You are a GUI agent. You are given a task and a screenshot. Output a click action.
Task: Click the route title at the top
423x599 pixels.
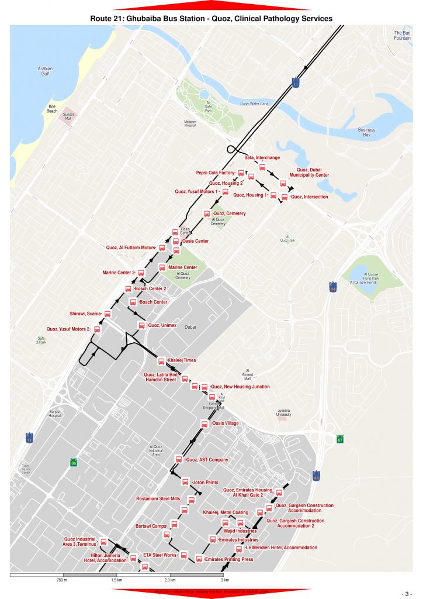click(211, 19)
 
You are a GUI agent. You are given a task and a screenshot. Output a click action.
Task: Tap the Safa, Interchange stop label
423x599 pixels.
click(262, 157)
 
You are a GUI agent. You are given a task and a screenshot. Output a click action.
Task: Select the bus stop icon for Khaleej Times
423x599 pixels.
click(161, 360)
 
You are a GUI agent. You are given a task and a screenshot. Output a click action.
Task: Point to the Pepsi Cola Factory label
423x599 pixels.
click(215, 173)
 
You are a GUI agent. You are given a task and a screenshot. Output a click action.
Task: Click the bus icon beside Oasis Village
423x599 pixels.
click(204, 424)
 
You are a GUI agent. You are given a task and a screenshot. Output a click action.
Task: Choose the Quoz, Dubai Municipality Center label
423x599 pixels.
click(309, 172)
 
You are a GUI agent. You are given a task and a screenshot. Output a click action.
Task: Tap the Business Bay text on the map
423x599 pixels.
click(366, 132)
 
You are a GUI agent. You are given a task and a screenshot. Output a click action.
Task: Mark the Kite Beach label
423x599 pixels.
click(53, 109)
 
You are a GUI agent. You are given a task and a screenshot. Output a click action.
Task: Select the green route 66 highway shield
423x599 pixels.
click(74, 462)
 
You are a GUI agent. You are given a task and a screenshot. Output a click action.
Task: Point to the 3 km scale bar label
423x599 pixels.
click(224, 580)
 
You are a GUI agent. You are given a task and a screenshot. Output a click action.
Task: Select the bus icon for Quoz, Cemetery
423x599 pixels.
click(206, 214)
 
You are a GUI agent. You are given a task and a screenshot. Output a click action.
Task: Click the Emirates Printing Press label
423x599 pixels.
click(229, 559)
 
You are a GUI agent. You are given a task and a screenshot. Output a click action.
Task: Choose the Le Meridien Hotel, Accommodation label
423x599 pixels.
click(281, 548)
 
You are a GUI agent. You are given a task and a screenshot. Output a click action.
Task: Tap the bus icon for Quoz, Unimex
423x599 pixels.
click(141, 325)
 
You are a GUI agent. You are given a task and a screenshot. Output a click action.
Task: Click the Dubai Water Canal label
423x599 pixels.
click(257, 104)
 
